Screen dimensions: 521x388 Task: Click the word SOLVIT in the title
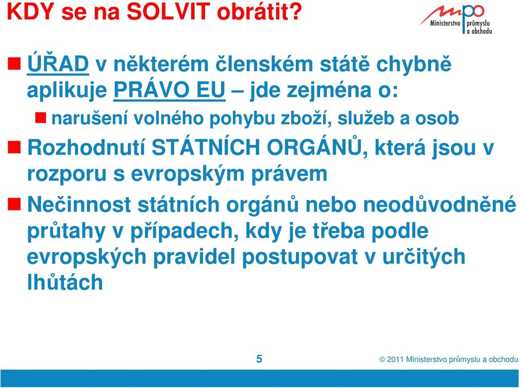[x=168, y=11]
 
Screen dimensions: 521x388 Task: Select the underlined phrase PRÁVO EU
[x=169, y=90]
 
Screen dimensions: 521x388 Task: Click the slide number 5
[x=259, y=359]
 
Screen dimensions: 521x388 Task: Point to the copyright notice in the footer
[x=449, y=359]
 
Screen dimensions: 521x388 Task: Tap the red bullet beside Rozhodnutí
[x=14, y=147]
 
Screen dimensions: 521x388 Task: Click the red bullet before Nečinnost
[x=14, y=203]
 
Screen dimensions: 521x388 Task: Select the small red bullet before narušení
[x=41, y=118]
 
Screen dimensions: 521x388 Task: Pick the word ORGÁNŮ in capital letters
[x=314, y=147]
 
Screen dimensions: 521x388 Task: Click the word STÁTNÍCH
[x=206, y=147]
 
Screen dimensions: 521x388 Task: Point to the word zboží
[x=306, y=118]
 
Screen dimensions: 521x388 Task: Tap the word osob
[x=437, y=118]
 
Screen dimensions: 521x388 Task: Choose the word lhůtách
[x=65, y=282]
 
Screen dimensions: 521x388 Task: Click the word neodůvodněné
[x=440, y=204]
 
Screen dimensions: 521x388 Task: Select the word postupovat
[x=300, y=257]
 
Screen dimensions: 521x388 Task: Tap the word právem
[x=289, y=174]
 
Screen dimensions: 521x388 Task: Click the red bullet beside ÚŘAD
[x=14, y=63]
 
